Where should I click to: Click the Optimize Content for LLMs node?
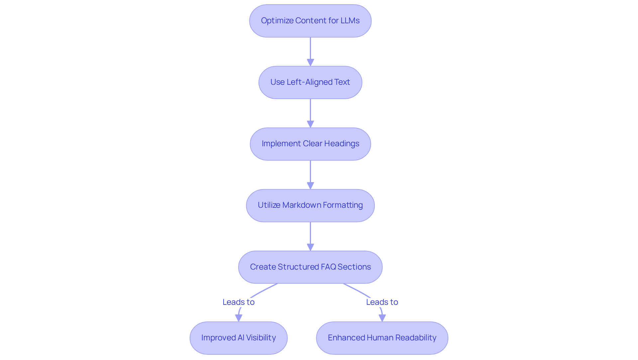pos(310,21)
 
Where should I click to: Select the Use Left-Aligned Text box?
pos(310,82)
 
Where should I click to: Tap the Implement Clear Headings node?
pos(310,144)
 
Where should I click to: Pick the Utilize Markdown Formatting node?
pos(310,205)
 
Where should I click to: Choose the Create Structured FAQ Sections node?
pos(310,267)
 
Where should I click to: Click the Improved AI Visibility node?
pos(238,338)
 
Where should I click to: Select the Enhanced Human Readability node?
pos(382,338)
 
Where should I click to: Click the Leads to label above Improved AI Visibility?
pos(238,302)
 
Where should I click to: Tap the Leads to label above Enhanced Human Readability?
pos(382,302)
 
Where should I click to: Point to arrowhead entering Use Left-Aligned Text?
pos(310,62)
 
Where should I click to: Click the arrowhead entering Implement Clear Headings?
pos(310,124)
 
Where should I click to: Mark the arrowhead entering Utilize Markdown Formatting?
pos(310,185)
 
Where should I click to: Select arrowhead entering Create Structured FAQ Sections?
pos(310,247)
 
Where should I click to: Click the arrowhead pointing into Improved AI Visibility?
pos(239,318)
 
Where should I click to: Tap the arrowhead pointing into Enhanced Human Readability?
pos(382,318)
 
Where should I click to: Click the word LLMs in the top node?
pos(350,21)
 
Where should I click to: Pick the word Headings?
pos(342,144)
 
